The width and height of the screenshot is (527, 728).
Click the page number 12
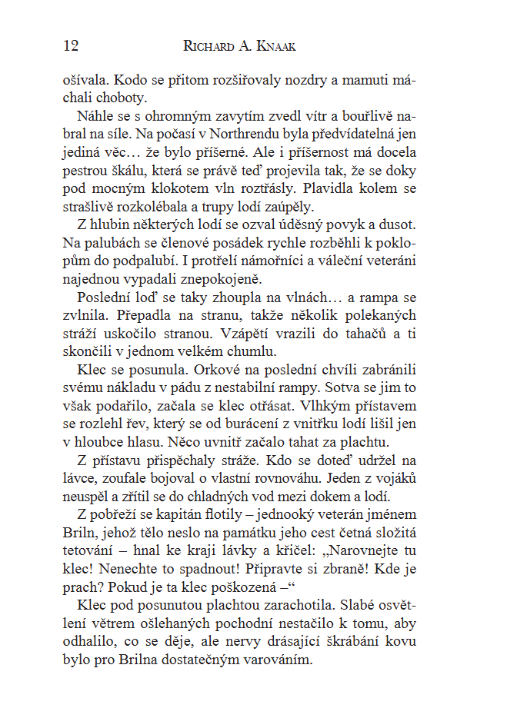70,45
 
